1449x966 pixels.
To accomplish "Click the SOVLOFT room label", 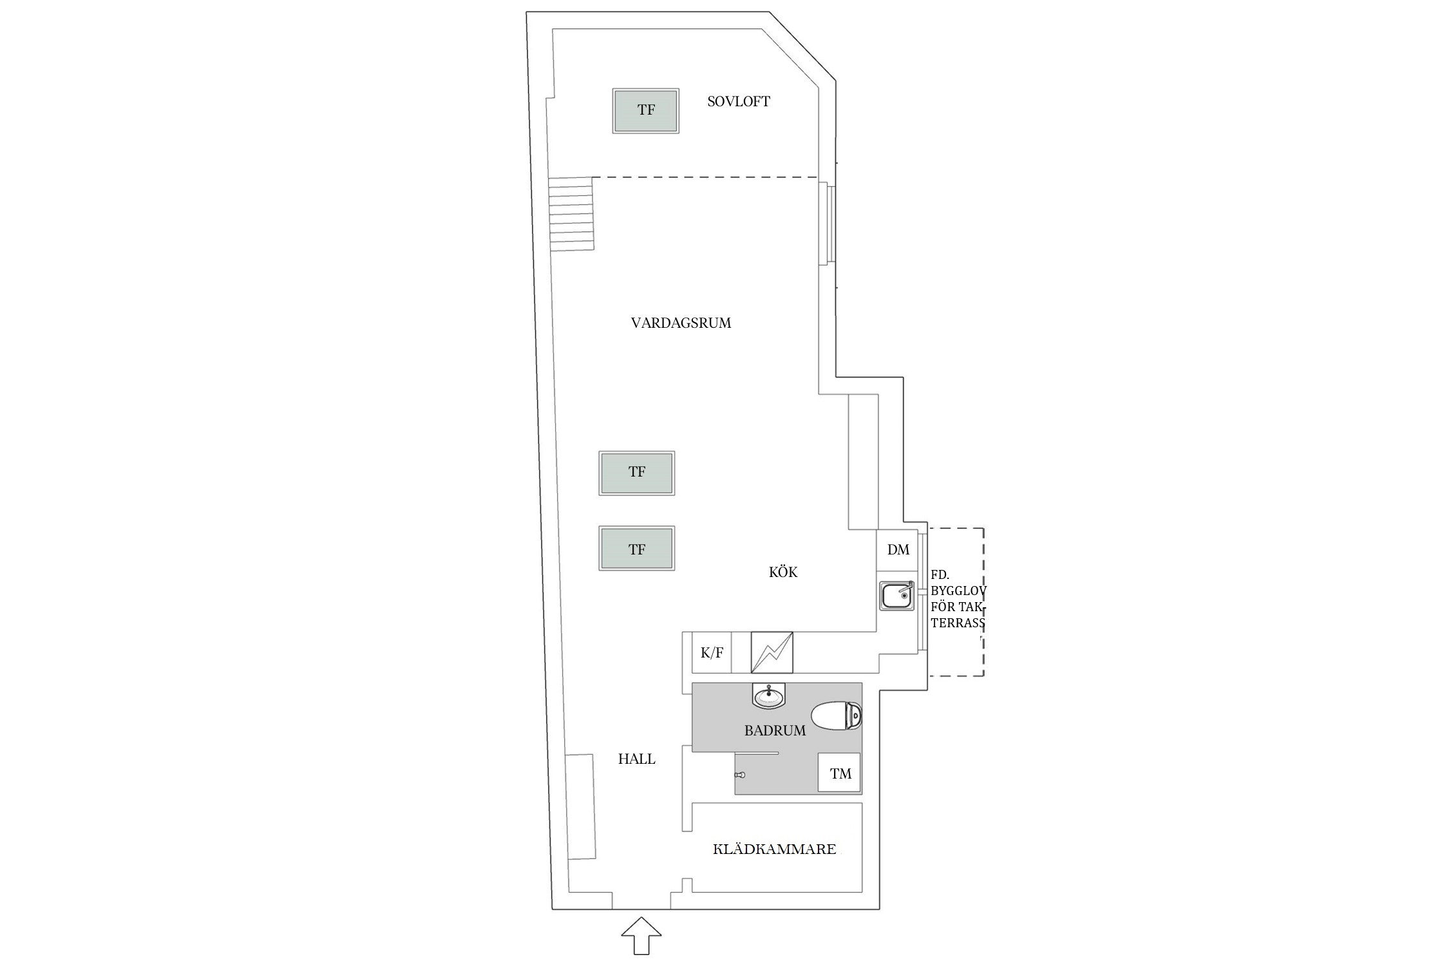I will tap(738, 101).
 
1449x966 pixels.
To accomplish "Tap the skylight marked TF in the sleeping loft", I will tap(645, 111).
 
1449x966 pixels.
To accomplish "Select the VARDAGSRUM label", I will tap(681, 323).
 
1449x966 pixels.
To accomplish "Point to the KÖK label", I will tap(783, 572).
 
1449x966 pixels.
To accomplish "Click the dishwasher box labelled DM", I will tap(898, 549).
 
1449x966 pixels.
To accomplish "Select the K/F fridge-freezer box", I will tap(712, 652).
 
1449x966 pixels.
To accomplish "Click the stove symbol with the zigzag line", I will tap(772, 652).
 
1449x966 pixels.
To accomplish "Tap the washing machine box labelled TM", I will tap(840, 773).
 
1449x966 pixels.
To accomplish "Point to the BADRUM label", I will tap(775, 730).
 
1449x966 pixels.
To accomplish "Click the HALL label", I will tap(636, 759).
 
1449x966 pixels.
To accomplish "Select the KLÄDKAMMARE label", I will tap(774, 849).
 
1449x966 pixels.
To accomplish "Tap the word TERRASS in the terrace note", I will tap(958, 623).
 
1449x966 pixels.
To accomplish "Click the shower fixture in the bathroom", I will tap(740, 775).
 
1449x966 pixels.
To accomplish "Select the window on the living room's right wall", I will tap(827, 223).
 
